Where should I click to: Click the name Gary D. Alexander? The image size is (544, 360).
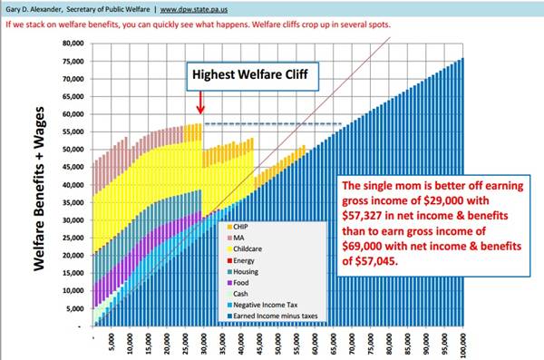pyautogui.click(x=33, y=7)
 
